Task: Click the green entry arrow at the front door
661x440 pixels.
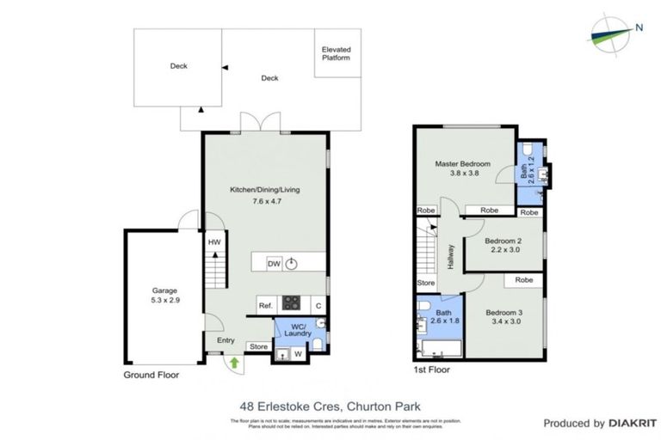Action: coord(234,364)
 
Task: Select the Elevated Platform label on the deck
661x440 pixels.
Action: coord(337,53)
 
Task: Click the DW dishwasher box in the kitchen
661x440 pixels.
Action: coord(274,264)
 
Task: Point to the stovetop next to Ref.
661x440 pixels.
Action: coord(292,303)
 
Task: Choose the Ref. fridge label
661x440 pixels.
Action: coord(265,305)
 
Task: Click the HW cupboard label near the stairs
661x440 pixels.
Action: coord(214,242)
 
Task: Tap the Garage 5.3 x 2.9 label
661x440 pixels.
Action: coord(164,296)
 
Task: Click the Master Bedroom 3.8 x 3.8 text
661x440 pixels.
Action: coord(463,168)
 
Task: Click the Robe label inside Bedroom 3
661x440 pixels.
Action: coord(523,280)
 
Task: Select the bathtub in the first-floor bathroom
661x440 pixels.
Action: coord(440,347)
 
